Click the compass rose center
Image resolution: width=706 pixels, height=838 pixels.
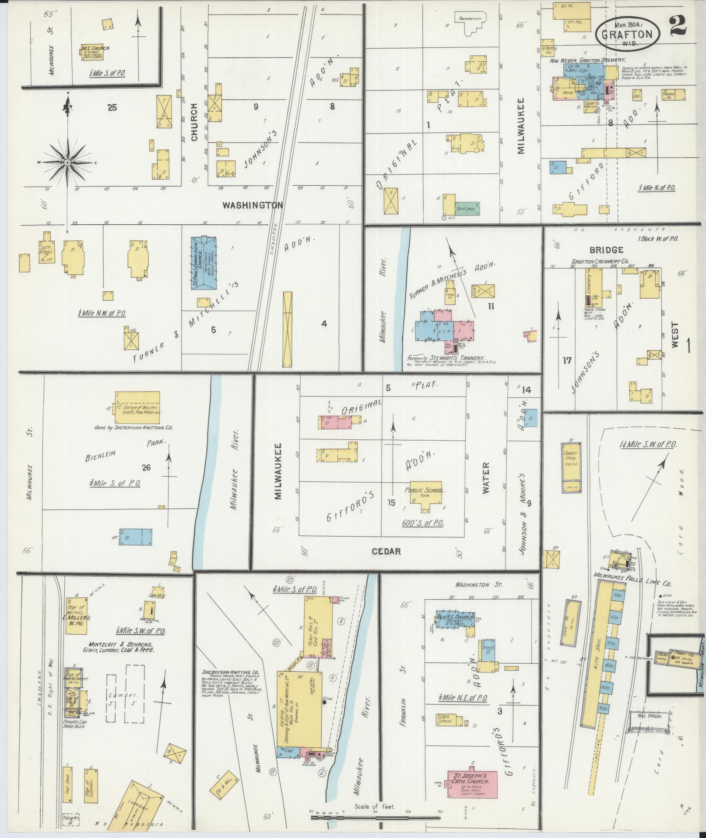point(67,163)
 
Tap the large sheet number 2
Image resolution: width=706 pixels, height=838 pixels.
point(678,25)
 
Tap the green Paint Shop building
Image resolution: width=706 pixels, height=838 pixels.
point(467,209)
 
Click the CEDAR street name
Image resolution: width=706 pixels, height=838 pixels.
point(386,551)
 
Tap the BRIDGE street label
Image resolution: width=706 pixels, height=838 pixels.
point(606,250)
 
